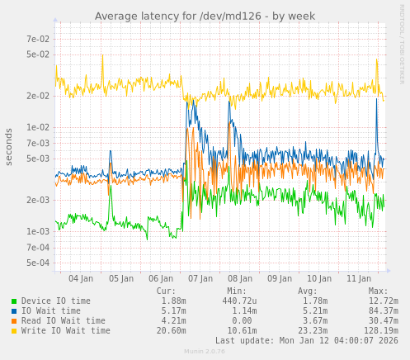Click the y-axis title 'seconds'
(9, 146)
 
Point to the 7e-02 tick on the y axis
(38, 39)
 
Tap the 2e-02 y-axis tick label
(38, 96)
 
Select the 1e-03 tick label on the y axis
(38, 231)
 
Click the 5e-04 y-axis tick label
(38, 263)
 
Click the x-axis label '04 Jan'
(82, 279)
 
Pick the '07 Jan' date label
(200, 279)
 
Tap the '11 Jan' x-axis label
(359, 279)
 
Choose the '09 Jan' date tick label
(280, 279)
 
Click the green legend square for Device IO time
(14, 301)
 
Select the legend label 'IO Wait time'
(51, 311)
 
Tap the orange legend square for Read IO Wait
(14, 321)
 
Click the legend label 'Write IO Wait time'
(66, 331)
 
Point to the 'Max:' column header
(378, 291)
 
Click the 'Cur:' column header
(166, 291)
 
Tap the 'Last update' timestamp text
(306, 341)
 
